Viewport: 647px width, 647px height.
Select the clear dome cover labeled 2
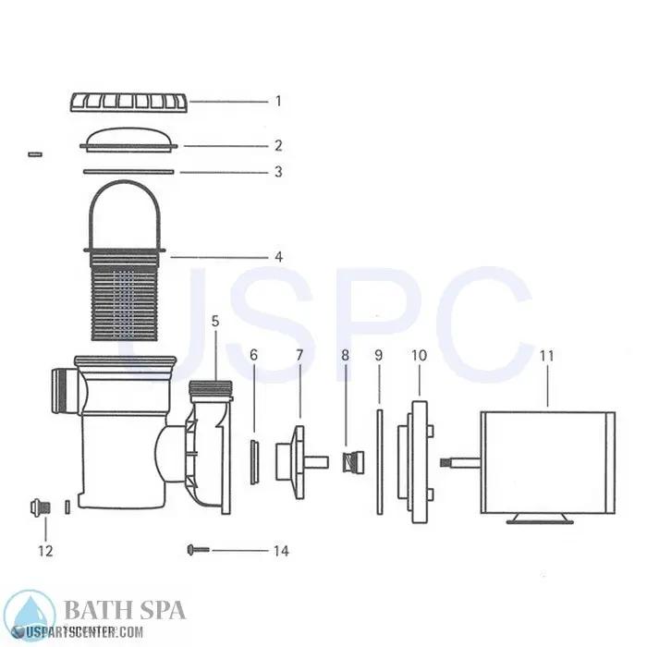tap(130, 138)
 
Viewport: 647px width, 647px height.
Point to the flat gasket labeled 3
tap(129, 171)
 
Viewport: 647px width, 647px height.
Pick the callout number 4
tap(277, 256)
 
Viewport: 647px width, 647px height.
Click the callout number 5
tap(215, 323)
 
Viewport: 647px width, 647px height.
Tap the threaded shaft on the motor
tap(459, 459)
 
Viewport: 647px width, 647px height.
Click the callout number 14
tap(280, 551)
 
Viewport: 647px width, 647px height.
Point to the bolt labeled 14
tap(198, 550)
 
